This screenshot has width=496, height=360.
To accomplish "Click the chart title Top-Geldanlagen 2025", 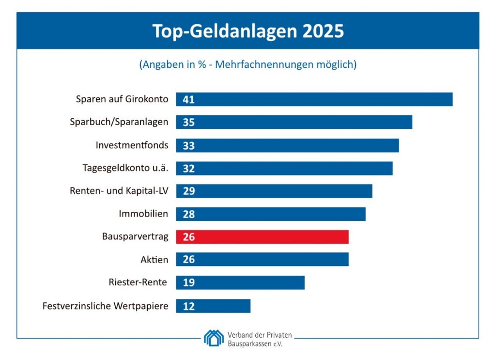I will point(248,31).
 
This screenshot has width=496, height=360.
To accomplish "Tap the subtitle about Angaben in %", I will point(248,64).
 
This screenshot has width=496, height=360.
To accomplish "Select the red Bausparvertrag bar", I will point(262,237).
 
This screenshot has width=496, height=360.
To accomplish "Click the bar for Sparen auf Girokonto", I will point(314,99).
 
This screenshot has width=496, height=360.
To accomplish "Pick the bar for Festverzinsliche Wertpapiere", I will point(213,306).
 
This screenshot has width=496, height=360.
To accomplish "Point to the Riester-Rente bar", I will point(240,283).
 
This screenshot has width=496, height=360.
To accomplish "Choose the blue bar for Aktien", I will point(262,260).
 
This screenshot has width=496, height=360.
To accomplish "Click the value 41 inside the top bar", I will point(188,100).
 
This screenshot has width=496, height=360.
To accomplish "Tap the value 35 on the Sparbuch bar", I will point(188,123).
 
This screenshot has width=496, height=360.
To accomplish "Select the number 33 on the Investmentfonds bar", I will point(188,145).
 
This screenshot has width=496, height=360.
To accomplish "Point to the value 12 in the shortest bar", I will point(188,306).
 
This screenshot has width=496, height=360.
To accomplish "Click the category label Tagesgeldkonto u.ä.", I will point(125,168).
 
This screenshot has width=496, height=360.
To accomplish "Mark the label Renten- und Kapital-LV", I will point(119,191).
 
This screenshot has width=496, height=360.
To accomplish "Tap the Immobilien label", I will point(143,214).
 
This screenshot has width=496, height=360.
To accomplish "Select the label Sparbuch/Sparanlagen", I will point(119,122).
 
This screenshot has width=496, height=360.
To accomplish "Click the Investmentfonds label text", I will point(132,145).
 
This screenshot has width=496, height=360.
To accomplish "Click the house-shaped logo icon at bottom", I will point(214,338).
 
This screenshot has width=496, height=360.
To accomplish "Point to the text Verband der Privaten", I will point(260,334).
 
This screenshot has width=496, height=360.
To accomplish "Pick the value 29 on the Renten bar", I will point(188,191).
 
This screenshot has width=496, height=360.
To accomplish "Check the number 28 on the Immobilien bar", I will point(188,214).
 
